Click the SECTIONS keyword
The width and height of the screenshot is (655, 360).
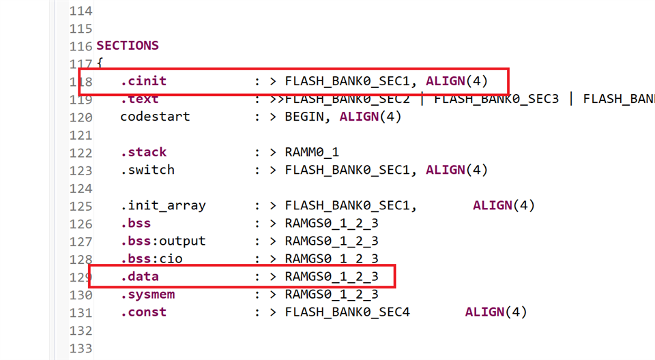coord(128,46)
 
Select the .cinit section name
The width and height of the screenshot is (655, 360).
coord(143,81)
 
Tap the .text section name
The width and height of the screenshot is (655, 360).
coord(139,99)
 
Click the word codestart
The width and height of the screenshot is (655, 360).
coord(155,117)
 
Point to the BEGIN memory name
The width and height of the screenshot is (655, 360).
coord(305,117)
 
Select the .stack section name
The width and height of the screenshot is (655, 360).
coord(143,152)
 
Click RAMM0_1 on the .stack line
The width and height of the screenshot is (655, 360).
coord(312,152)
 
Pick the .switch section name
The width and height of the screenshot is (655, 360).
coord(147,170)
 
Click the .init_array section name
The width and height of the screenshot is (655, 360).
coord(163,205)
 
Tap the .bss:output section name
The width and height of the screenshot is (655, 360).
coord(163,241)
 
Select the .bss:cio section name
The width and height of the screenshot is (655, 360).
coord(151,258)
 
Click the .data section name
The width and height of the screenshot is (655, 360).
coord(139,277)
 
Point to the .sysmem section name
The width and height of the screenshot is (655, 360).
coord(147,295)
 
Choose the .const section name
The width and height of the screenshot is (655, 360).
coord(143,312)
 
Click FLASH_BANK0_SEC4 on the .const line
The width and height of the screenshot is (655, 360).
coord(348,312)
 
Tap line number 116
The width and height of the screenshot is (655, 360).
coord(81,46)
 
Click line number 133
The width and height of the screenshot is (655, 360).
coord(81,348)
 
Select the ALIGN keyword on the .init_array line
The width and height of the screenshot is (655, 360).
coord(493,205)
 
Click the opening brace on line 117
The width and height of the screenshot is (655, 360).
coord(100,64)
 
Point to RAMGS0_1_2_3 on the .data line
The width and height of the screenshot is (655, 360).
coord(332,277)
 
